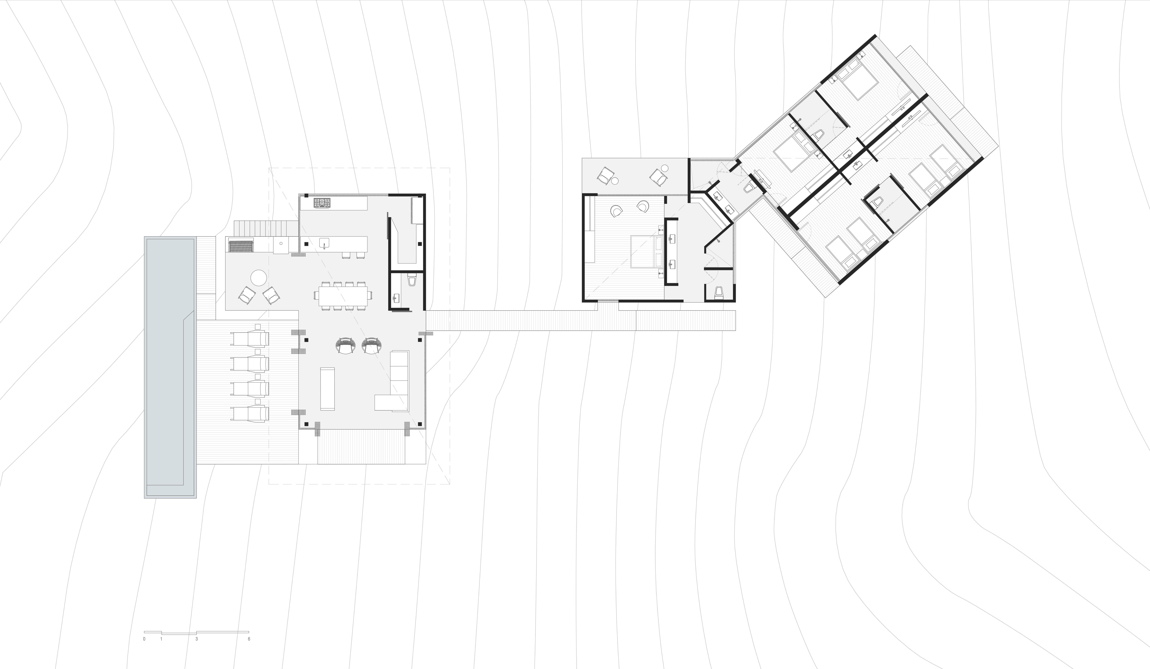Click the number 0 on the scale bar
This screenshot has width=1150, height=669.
pos(144,639)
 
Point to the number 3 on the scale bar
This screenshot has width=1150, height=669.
pos(197,639)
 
